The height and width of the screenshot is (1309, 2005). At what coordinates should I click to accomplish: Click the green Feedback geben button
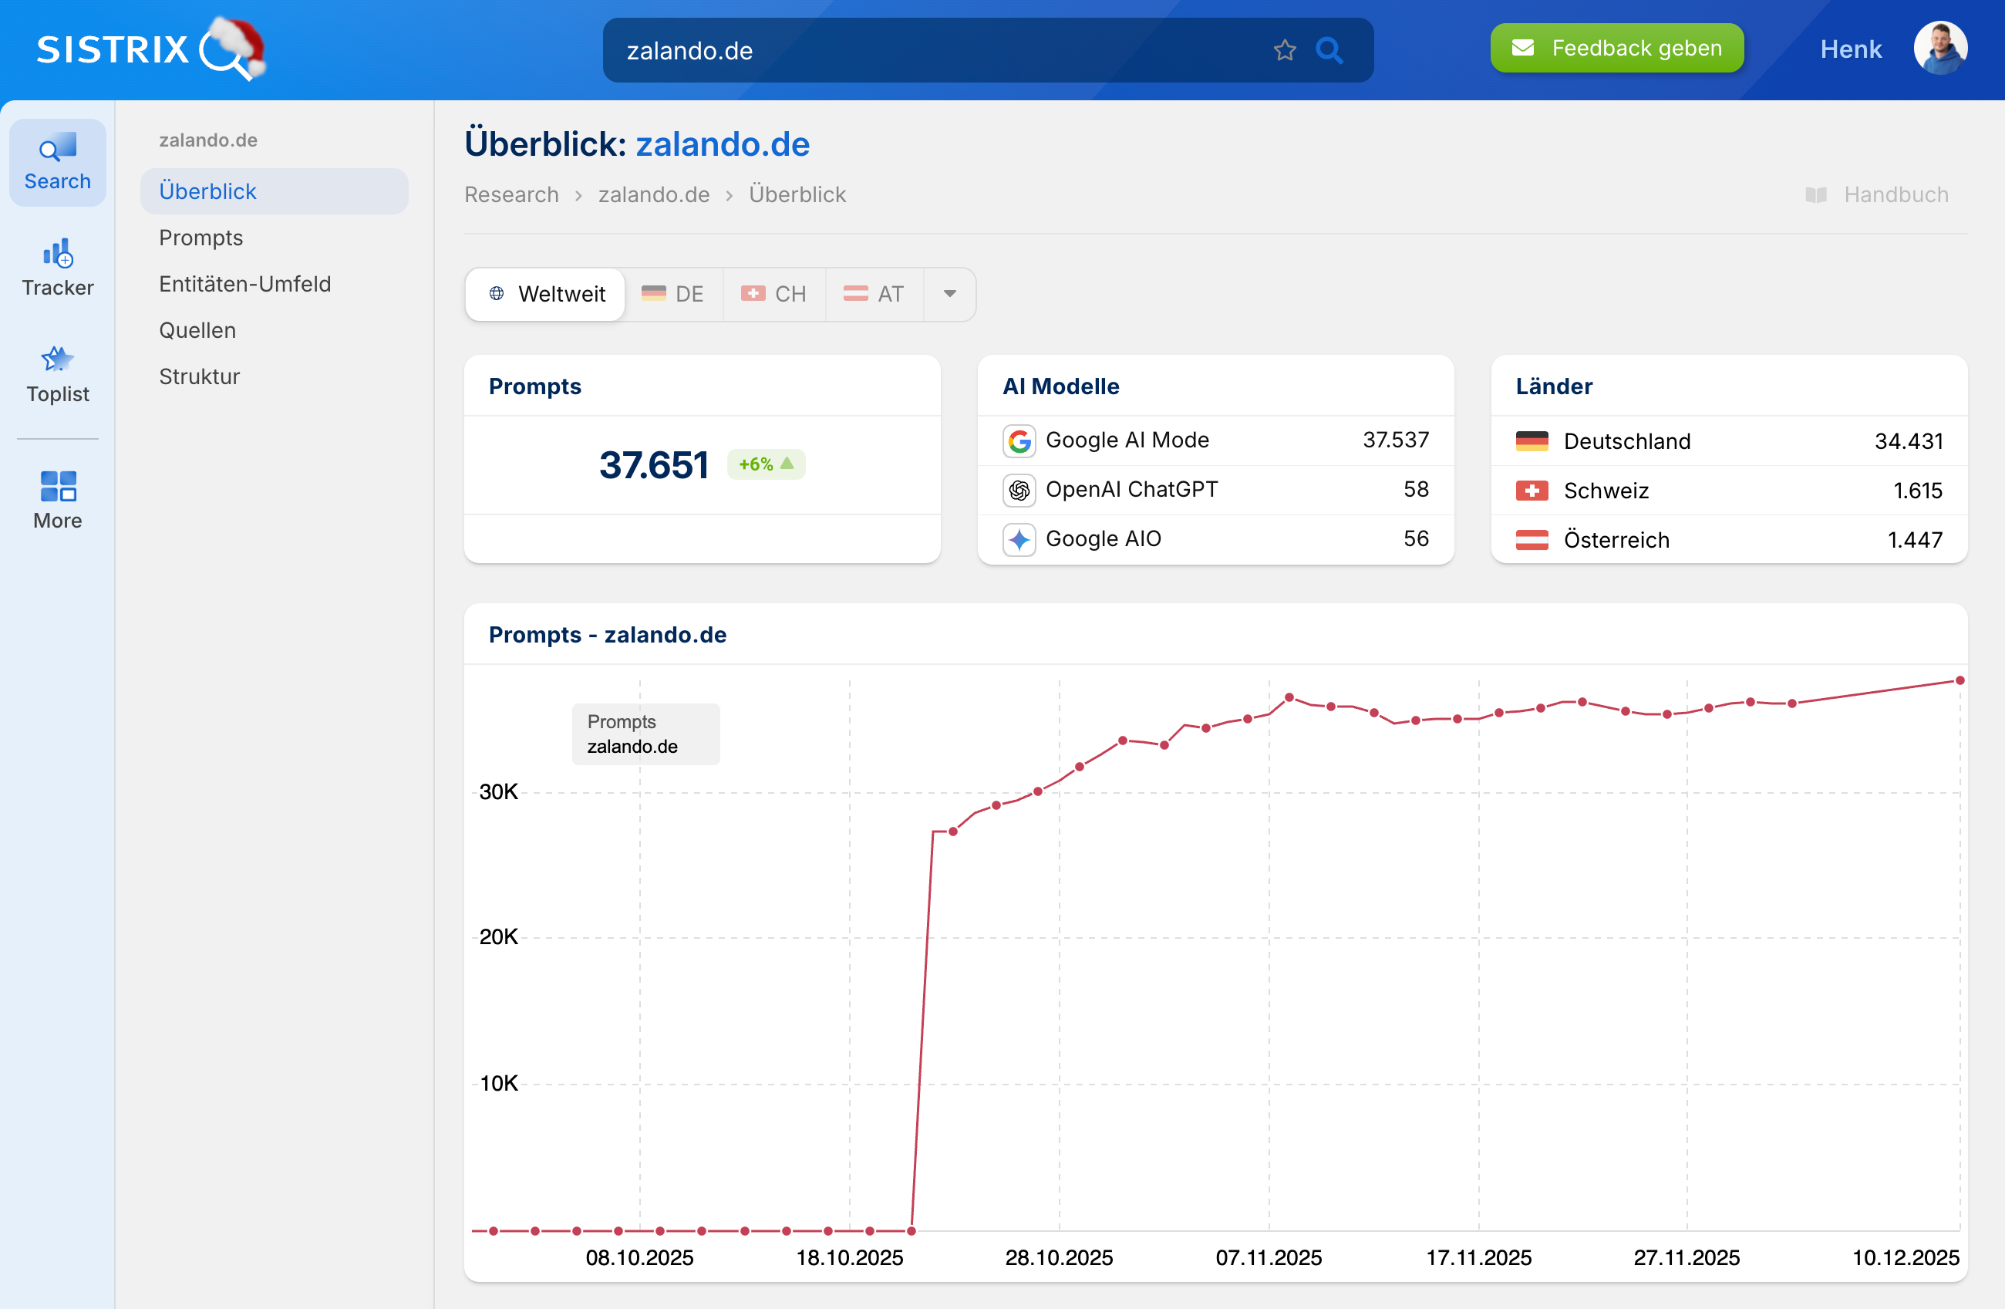[x=1616, y=48]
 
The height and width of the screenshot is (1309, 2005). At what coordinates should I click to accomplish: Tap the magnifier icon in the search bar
[x=1329, y=51]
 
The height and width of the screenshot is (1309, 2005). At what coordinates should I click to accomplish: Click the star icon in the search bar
[x=1284, y=51]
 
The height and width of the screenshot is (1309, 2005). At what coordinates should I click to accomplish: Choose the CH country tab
[x=773, y=294]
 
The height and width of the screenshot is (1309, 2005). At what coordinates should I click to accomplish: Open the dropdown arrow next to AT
[x=949, y=294]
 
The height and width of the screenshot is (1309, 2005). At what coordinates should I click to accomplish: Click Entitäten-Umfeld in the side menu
[x=244, y=284]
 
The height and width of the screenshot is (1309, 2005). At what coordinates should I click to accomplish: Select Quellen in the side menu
[x=197, y=330]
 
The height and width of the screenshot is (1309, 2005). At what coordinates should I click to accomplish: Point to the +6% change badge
[x=765, y=464]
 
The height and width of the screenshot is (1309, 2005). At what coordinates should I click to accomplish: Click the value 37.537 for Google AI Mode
[x=1395, y=440]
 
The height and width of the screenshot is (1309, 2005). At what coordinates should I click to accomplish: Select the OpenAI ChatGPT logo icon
[x=1019, y=490]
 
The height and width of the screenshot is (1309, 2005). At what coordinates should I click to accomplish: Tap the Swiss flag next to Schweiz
[x=1531, y=491]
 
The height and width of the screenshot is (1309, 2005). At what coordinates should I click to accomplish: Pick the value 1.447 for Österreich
[x=1914, y=540]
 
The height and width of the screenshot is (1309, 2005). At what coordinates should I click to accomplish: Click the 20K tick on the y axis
[x=498, y=937]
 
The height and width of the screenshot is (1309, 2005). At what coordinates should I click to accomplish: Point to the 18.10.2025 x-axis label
[x=849, y=1257]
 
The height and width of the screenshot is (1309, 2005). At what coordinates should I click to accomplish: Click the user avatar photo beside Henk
[x=1939, y=48]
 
